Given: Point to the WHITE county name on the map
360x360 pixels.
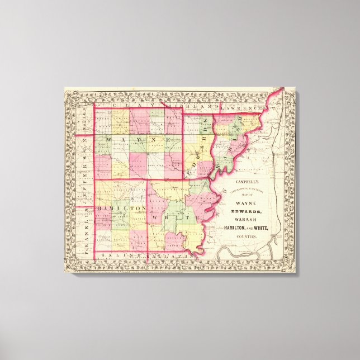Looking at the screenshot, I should [176, 215].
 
